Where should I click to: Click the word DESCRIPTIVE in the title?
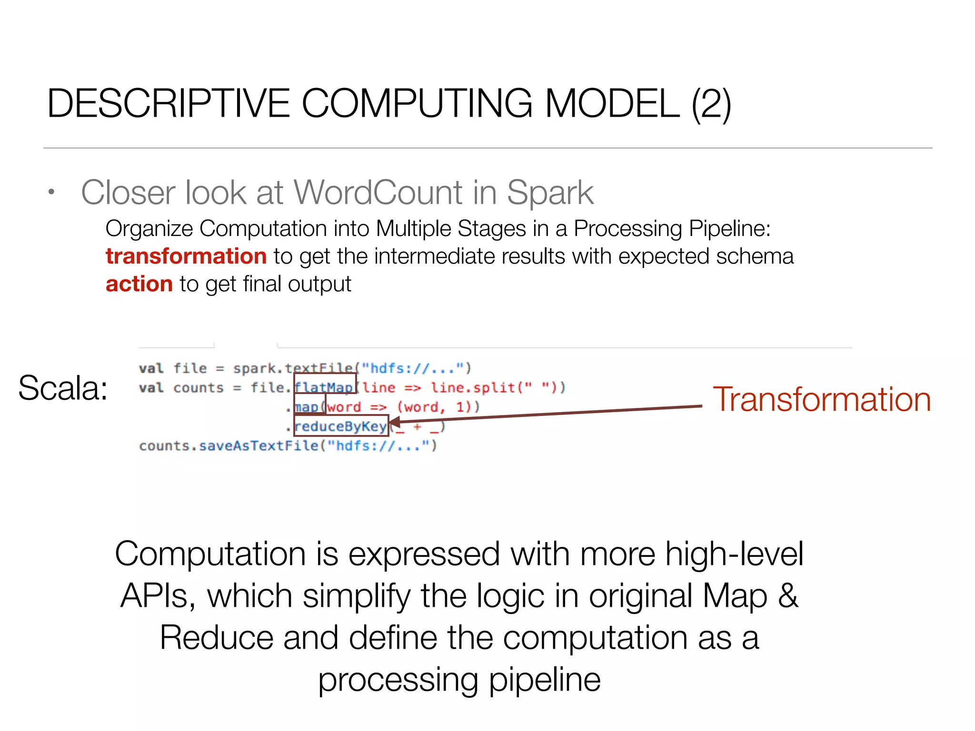(x=169, y=103)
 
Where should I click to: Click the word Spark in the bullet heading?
(x=550, y=193)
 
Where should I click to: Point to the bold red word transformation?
(x=186, y=256)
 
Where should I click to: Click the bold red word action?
(x=139, y=284)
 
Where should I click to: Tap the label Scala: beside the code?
(x=63, y=388)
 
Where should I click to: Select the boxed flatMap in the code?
(x=324, y=387)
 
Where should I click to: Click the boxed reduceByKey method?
(x=340, y=426)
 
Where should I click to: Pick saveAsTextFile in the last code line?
(x=259, y=446)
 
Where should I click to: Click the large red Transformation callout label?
(x=822, y=399)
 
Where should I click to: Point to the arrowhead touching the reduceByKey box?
(x=395, y=422)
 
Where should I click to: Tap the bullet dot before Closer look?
(x=51, y=192)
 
